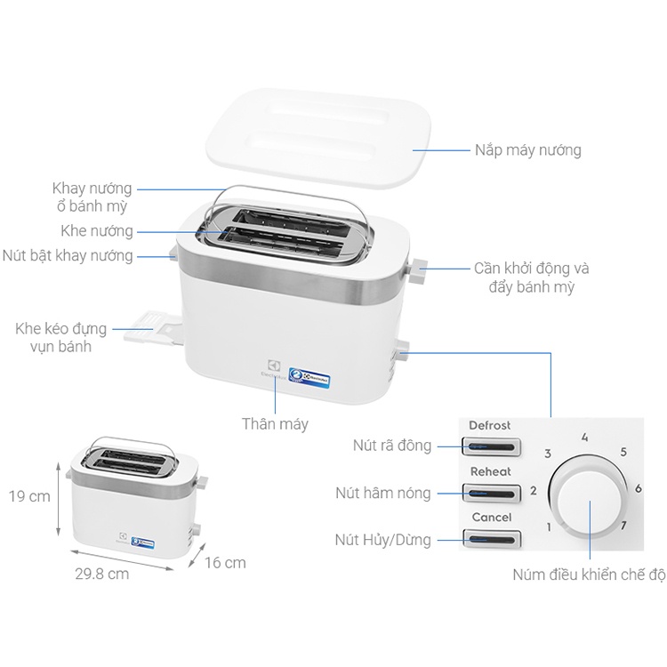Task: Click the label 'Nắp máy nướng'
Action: (x=527, y=150)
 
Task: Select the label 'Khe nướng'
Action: (x=97, y=231)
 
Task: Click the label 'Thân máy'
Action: (x=275, y=424)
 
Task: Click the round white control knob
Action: (x=588, y=498)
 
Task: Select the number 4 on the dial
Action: (x=584, y=438)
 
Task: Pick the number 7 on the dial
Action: (x=623, y=525)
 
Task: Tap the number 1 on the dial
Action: (x=549, y=526)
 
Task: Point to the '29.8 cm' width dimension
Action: (x=101, y=574)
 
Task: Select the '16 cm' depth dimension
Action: (x=224, y=563)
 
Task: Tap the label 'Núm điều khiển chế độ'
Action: (x=589, y=575)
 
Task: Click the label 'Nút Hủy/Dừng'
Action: (x=383, y=539)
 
